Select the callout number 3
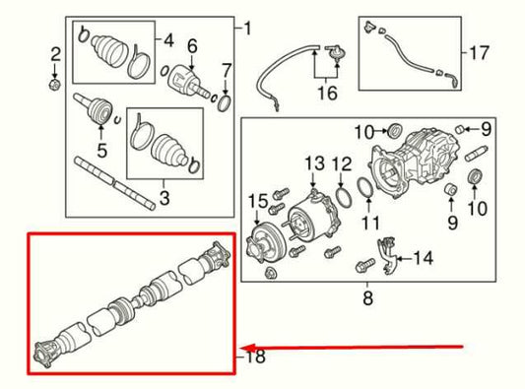pos(164,198)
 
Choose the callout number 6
pos(193,44)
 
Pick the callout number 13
pos(313,162)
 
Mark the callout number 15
pos(258,202)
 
